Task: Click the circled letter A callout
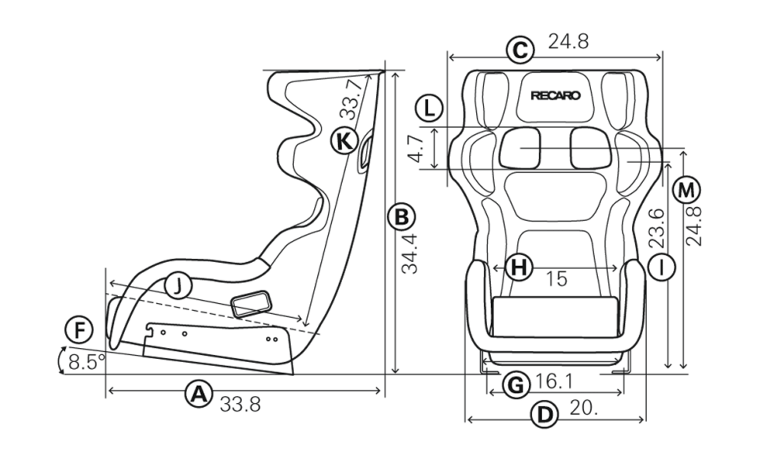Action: coord(199,394)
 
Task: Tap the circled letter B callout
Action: coord(402,217)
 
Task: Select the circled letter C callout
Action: coord(520,50)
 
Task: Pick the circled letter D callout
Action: coord(544,415)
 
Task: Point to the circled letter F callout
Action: coord(79,330)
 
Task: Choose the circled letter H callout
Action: coord(519,267)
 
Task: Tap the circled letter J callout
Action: coord(178,286)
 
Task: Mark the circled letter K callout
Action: coord(344,141)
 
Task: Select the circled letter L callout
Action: coord(430,108)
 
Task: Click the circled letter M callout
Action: coord(686,190)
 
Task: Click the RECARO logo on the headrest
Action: coord(555,95)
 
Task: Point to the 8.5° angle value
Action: coord(87,362)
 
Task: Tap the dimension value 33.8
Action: coord(240,404)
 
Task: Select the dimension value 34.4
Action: coord(409,253)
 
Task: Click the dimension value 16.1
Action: coord(554,381)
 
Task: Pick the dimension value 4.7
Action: coord(416,149)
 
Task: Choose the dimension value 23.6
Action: coord(657,228)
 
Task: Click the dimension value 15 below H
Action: coord(557,278)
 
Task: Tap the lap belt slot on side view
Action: coord(250,304)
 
